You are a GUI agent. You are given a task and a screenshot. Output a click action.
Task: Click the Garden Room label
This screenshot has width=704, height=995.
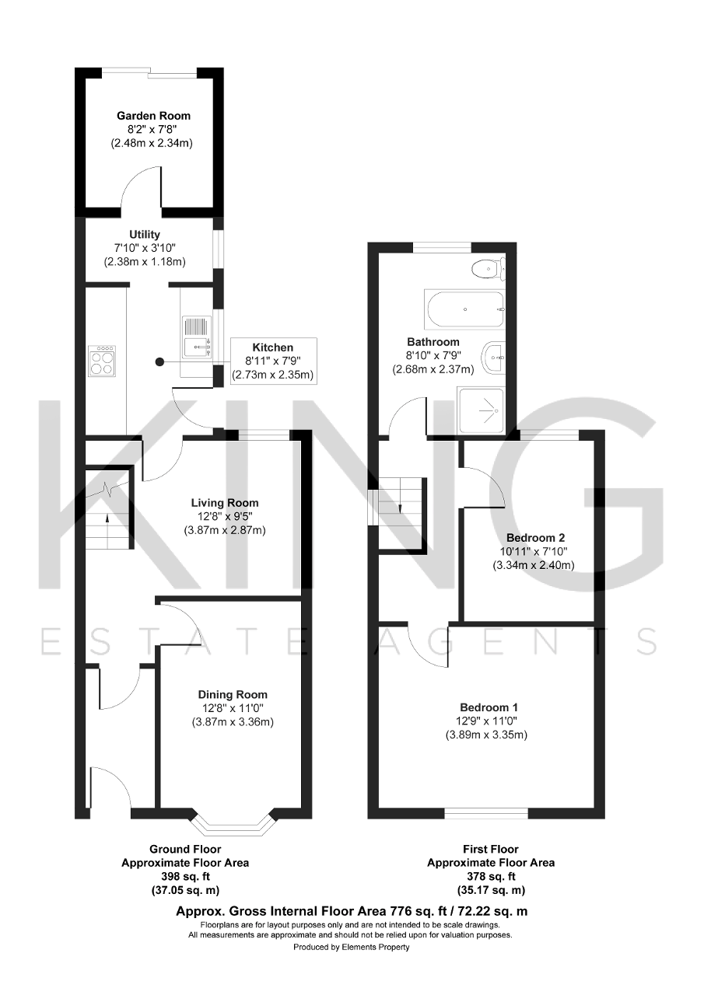tap(153, 116)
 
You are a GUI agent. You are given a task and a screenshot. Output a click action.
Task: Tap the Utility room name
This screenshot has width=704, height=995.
tap(145, 234)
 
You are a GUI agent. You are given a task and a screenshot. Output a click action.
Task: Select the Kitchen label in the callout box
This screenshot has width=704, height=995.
tap(272, 347)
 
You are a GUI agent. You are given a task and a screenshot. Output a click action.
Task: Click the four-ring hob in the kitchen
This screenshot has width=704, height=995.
tap(102, 361)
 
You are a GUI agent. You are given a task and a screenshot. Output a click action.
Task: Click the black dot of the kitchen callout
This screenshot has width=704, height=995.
tap(159, 362)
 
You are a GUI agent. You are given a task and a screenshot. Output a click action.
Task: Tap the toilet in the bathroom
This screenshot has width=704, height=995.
tap(488, 269)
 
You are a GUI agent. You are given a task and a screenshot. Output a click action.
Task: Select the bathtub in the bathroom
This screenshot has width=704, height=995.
tap(464, 309)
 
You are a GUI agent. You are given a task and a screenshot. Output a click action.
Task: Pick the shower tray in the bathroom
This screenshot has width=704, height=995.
tap(482, 411)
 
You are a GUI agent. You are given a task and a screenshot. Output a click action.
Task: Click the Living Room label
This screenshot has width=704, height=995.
tap(225, 503)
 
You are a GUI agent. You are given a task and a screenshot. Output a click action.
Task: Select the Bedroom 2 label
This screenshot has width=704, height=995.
tap(535, 538)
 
